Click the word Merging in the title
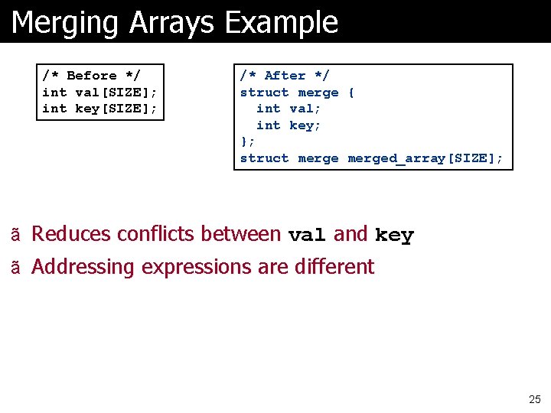click(x=66, y=23)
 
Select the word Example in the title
click(x=282, y=23)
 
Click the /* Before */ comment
click(x=91, y=76)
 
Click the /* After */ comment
click(x=285, y=76)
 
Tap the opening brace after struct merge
click(x=351, y=93)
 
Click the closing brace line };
click(x=247, y=141)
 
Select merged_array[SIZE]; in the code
click(x=425, y=158)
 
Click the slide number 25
click(x=534, y=399)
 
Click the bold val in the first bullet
click(x=307, y=236)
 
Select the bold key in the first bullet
click(x=394, y=236)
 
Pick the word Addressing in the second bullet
click(x=83, y=267)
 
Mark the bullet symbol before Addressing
click(x=15, y=268)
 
